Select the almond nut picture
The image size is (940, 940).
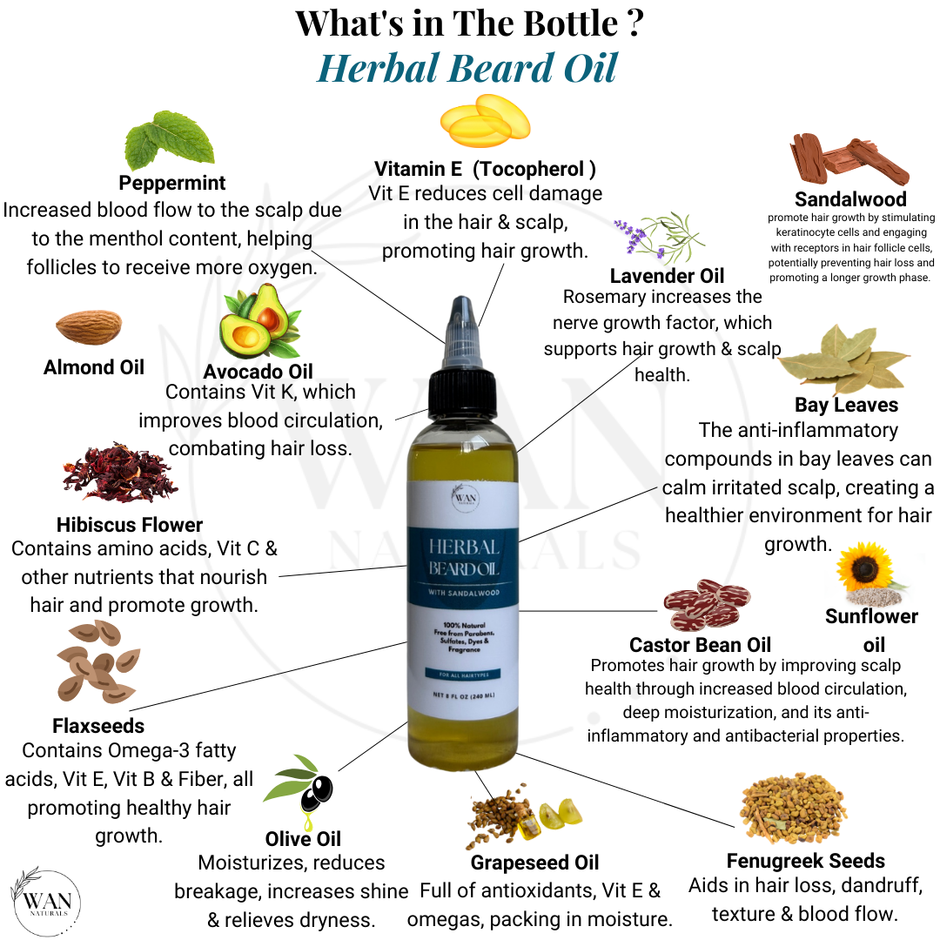(88, 328)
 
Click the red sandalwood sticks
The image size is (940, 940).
(848, 161)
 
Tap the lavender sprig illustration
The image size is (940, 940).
(659, 236)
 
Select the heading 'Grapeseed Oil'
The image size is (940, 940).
(534, 863)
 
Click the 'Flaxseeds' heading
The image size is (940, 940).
(98, 725)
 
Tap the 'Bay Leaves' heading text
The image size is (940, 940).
(846, 405)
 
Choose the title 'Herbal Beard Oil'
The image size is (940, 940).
(467, 68)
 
